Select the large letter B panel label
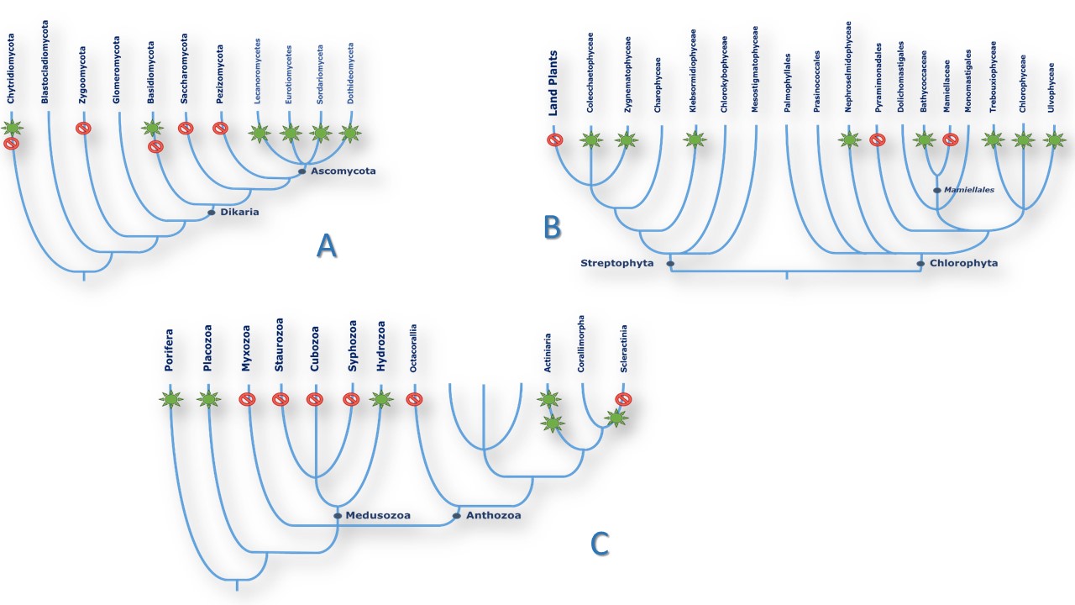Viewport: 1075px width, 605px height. click(552, 226)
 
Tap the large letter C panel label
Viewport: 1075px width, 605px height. click(600, 544)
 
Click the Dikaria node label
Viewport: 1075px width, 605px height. click(239, 213)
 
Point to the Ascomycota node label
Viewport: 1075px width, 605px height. click(343, 171)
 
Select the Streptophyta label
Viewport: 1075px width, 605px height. click(616, 264)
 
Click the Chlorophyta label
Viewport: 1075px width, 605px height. click(963, 263)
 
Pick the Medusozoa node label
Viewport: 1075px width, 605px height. click(377, 515)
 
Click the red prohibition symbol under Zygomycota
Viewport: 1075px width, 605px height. click(83, 129)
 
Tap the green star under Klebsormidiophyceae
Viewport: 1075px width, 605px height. click(694, 139)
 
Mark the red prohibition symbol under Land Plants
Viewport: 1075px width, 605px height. click(555, 139)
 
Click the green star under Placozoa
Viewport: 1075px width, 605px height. click(207, 399)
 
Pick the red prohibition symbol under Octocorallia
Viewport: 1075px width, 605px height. click(412, 399)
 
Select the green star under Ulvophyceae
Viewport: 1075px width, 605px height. click(1055, 139)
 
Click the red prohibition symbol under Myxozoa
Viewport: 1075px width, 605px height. click(247, 399)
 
